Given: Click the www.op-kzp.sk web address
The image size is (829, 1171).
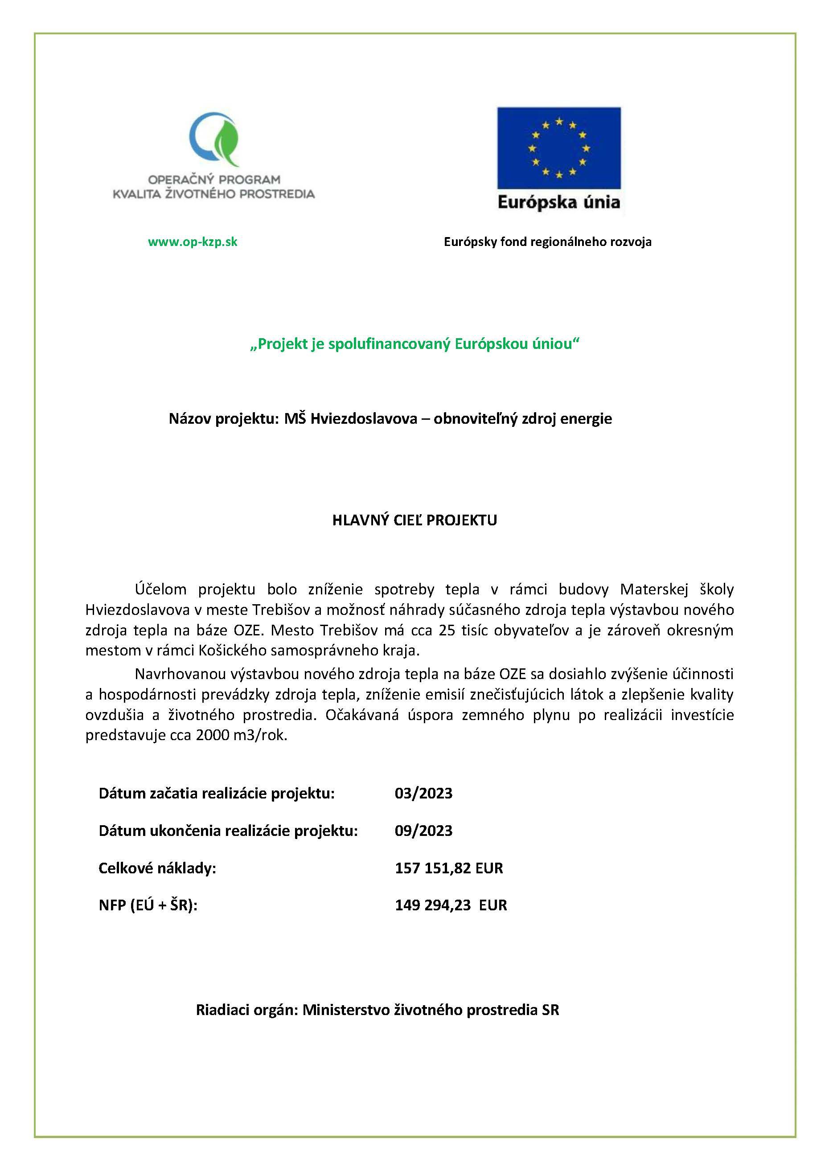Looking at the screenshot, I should [x=193, y=242].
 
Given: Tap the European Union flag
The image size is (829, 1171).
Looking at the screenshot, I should [x=558, y=148].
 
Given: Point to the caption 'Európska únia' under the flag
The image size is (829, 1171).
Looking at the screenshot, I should [x=558, y=203].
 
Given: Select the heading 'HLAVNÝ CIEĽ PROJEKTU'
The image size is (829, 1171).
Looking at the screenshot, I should [x=414, y=520].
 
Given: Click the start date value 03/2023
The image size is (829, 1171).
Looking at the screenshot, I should [x=423, y=794].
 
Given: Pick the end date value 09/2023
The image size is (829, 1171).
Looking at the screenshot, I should [x=423, y=831].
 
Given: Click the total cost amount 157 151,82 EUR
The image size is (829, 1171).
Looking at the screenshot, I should [x=449, y=868].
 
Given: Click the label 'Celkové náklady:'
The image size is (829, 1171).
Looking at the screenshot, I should [x=157, y=868].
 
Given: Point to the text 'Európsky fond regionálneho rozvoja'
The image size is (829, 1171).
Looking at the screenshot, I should [x=547, y=242].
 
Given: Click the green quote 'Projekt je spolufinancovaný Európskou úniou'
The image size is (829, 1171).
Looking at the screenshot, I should [x=414, y=344].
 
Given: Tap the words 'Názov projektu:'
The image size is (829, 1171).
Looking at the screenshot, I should [x=224, y=419].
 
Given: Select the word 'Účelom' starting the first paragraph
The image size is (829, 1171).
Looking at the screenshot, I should [x=160, y=590].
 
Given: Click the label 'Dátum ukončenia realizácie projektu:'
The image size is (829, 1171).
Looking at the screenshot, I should [x=228, y=831].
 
